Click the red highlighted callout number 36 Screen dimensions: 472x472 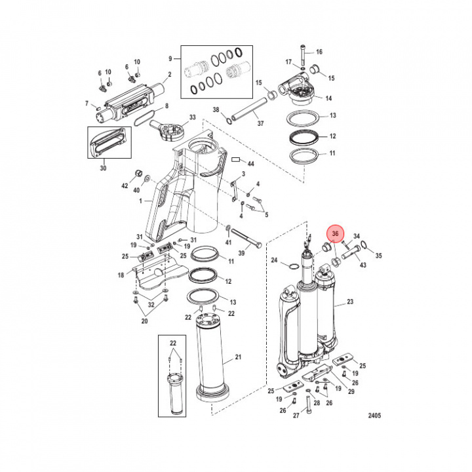click(x=335, y=233)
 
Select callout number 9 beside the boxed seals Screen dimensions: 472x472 click(x=170, y=59)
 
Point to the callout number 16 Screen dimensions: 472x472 click(x=319, y=52)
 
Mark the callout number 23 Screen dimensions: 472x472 click(x=350, y=302)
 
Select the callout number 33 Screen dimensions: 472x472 click(x=192, y=117)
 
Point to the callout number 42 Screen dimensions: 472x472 click(x=124, y=187)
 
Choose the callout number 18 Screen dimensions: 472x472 click(x=121, y=275)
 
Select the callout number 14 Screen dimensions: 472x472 click(x=328, y=98)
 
